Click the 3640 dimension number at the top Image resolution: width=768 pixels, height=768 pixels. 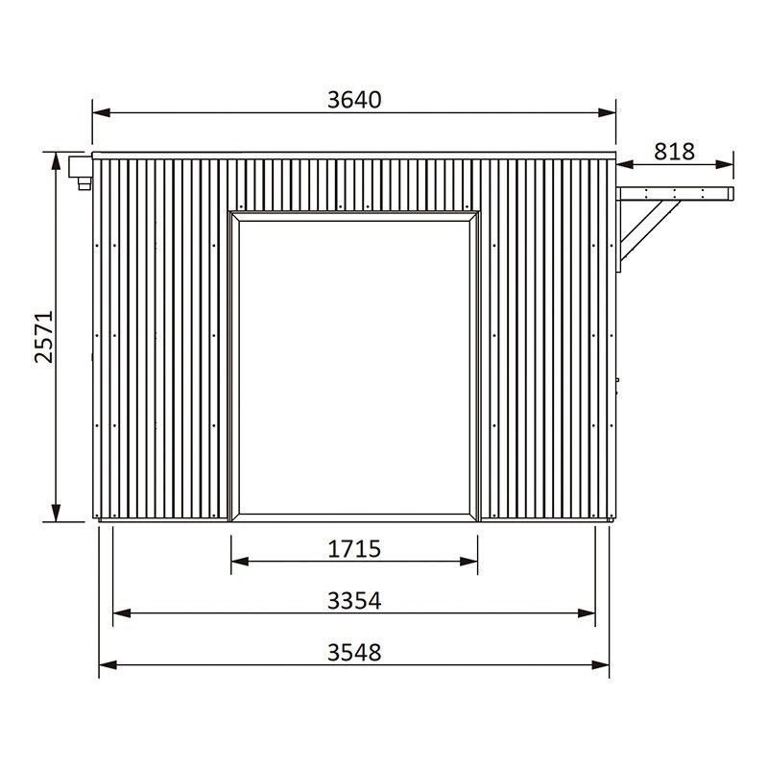point(354,100)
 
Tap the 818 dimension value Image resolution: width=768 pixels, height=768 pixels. point(674,152)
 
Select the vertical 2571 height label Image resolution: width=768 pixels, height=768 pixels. point(44,337)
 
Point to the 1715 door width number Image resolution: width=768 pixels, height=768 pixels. point(354,549)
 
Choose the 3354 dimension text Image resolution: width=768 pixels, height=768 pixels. point(354,601)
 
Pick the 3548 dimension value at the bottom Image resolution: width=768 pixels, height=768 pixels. point(354,653)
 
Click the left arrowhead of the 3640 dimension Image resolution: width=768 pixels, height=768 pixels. point(102,113)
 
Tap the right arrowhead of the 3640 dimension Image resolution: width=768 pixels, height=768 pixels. point(607,113)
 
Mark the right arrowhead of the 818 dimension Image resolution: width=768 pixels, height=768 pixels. point(724,164)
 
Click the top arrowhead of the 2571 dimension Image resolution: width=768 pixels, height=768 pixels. point(57,161)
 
